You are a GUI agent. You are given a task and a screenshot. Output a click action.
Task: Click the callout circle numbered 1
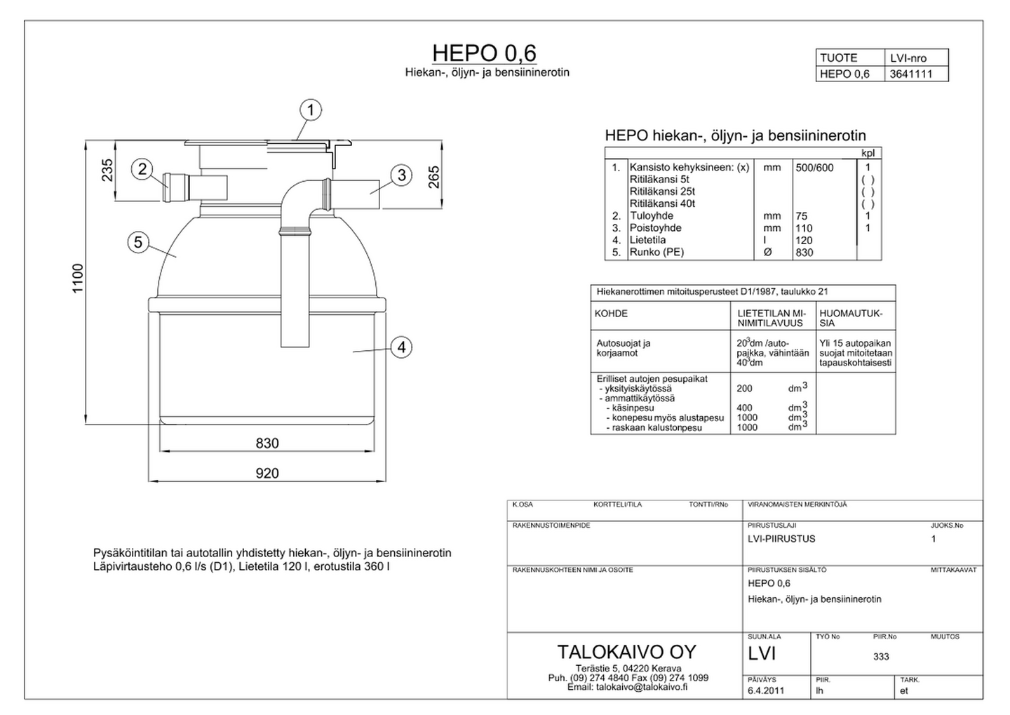click(311, 110)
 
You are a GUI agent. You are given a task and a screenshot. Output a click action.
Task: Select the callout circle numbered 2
click(142, 168)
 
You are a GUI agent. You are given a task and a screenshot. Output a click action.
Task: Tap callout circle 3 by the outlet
click(400, 175)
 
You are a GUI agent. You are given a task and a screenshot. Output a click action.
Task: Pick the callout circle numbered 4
click(400, 347)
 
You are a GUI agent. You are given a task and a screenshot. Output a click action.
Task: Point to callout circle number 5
click(138, 243)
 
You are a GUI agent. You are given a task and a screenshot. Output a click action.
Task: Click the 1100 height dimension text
click(78, 279)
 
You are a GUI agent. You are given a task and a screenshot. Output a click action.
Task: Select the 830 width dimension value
click(267, 443)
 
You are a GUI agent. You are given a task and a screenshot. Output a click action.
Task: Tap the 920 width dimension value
click(267, 474)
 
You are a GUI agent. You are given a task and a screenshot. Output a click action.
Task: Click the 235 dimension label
click(107, 171)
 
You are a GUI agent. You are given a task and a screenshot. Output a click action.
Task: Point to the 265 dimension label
click(433, 176)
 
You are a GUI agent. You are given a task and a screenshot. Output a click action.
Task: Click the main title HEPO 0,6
click(484, 53)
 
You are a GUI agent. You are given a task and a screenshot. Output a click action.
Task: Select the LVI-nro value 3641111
click(910, 74)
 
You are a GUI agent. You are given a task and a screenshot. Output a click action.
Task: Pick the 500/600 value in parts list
click(814, 168)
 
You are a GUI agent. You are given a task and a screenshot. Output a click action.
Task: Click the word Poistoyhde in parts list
click(655, 228)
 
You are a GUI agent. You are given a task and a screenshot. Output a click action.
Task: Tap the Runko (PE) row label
click(656, 253)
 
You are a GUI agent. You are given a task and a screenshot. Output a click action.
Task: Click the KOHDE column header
click(612, 314)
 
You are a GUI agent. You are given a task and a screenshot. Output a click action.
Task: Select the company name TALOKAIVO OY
click(626, 651)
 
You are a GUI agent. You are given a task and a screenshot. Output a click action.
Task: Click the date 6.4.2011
click(767, 690)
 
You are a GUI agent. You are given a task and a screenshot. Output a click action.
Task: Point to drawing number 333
click(881, 657)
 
